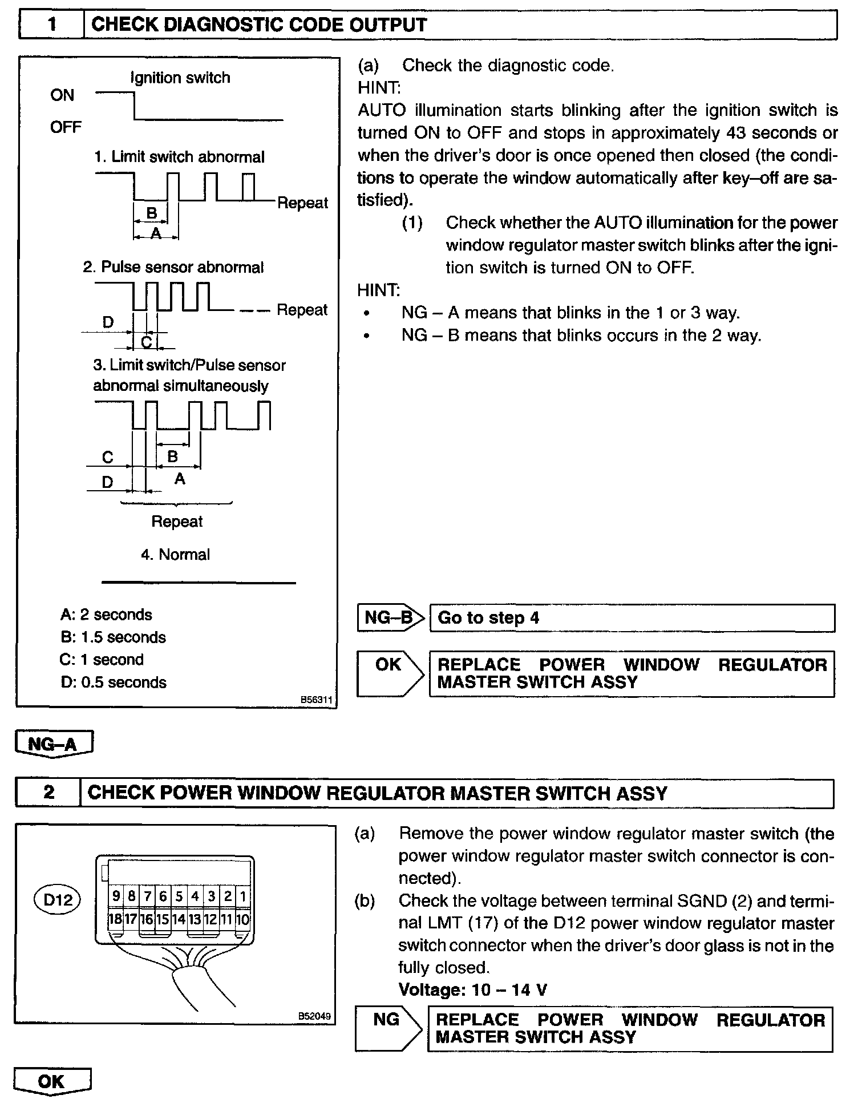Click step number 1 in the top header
tap(51, 26)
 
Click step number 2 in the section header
tap(48, 793)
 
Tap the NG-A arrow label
tap(53, 744)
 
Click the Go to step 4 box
tap(632, 618)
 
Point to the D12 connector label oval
tap(58, 900)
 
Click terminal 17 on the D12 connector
tap(131, 919)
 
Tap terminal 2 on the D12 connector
tap(227, 896)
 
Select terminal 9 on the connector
tap(116, 896)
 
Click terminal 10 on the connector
tap(242, 919)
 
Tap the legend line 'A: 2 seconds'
tap(107, 615)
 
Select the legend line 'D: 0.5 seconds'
tap(114, 682)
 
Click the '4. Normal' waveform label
tap(176, 555)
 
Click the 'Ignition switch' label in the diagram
tap(180, 78)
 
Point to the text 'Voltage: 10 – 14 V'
tap(473, 989)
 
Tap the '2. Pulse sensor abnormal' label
tap(173, 267)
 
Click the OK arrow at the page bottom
tap(51, 1082)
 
